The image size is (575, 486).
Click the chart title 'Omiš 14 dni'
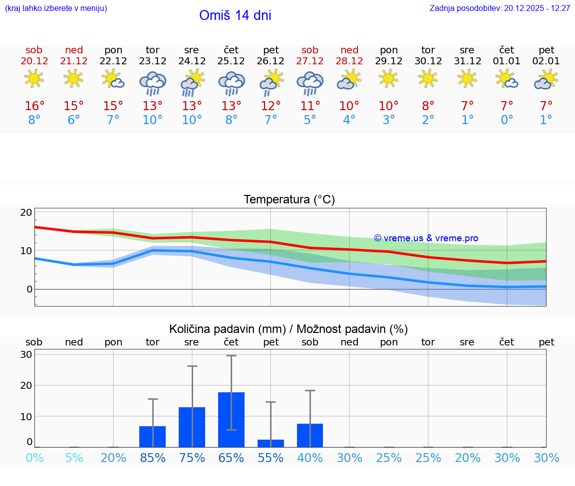235,15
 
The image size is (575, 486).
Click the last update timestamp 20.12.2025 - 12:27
537,8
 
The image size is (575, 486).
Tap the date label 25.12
231,61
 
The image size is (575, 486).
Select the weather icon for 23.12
152,82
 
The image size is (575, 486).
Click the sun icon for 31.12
467,78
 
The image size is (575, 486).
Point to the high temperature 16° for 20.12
34,106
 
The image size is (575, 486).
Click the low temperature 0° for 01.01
507,120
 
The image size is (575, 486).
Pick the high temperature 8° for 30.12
428,106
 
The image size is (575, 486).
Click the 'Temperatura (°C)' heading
289,200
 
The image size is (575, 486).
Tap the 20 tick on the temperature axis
26,212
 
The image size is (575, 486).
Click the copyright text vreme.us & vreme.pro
426,238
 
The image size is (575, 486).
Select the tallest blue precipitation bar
231,419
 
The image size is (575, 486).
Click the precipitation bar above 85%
152,436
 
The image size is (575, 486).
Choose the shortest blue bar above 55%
271,443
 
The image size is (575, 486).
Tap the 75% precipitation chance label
192,458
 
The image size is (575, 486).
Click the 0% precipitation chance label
34,458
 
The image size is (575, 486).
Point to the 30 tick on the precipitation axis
26,355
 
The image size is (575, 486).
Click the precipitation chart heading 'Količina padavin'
227,329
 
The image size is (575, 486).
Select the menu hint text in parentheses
55,8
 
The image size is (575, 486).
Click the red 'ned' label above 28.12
349,50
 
